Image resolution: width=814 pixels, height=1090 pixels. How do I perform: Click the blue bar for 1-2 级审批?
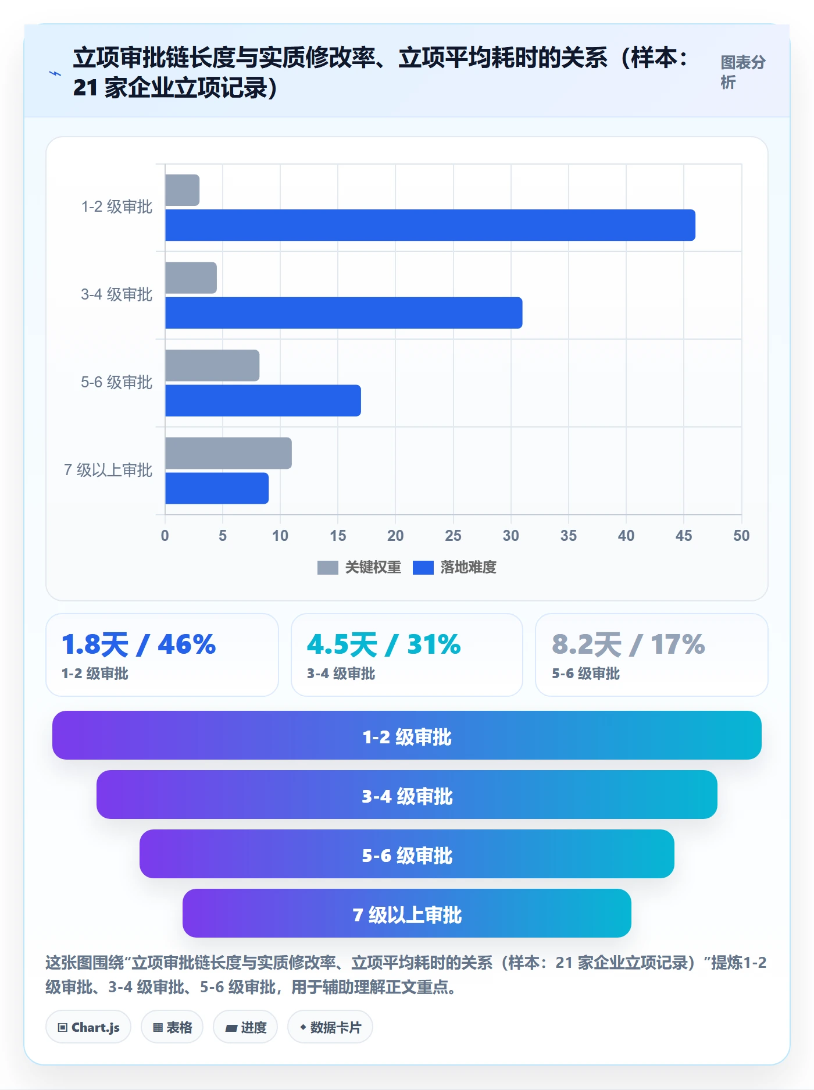click(430, 225)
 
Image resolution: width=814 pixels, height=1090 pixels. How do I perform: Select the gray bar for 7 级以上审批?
click(229, 453)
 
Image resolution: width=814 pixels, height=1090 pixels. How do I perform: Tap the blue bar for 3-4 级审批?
click(344, 313)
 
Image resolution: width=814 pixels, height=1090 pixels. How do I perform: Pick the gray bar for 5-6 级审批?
click(212, 365)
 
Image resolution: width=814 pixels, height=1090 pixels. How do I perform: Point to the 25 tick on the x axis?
click(453, 536)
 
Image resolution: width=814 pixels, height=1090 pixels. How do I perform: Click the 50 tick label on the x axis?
click(741, 536)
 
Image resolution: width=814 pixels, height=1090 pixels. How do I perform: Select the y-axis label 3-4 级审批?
click(116, 294)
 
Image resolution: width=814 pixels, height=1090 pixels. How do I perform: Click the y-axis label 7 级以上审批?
click(108, 470)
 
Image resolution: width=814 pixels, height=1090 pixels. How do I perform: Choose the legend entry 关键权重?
click(359, 567)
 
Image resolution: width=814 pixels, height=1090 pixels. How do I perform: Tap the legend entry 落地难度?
click(455, 567)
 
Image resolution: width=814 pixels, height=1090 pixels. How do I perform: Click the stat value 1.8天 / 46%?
click(138, 644)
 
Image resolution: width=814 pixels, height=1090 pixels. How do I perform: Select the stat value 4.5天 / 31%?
click(384, 644)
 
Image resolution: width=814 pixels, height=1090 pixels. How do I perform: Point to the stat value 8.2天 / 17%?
click(629, 644)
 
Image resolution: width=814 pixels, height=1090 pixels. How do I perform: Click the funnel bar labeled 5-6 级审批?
click(407, 854)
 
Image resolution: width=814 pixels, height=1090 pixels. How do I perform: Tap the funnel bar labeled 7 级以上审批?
click(407, 913)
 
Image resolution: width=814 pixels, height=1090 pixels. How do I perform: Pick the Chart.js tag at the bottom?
click(88, 1027)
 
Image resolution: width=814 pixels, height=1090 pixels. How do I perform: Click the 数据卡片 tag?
click(330, 1027)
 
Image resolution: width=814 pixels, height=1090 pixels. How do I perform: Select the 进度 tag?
click(245, 1027)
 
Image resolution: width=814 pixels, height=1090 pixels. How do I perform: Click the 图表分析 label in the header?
click(743, 72)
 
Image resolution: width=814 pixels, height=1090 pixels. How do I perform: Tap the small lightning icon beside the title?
click(55, 73)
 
